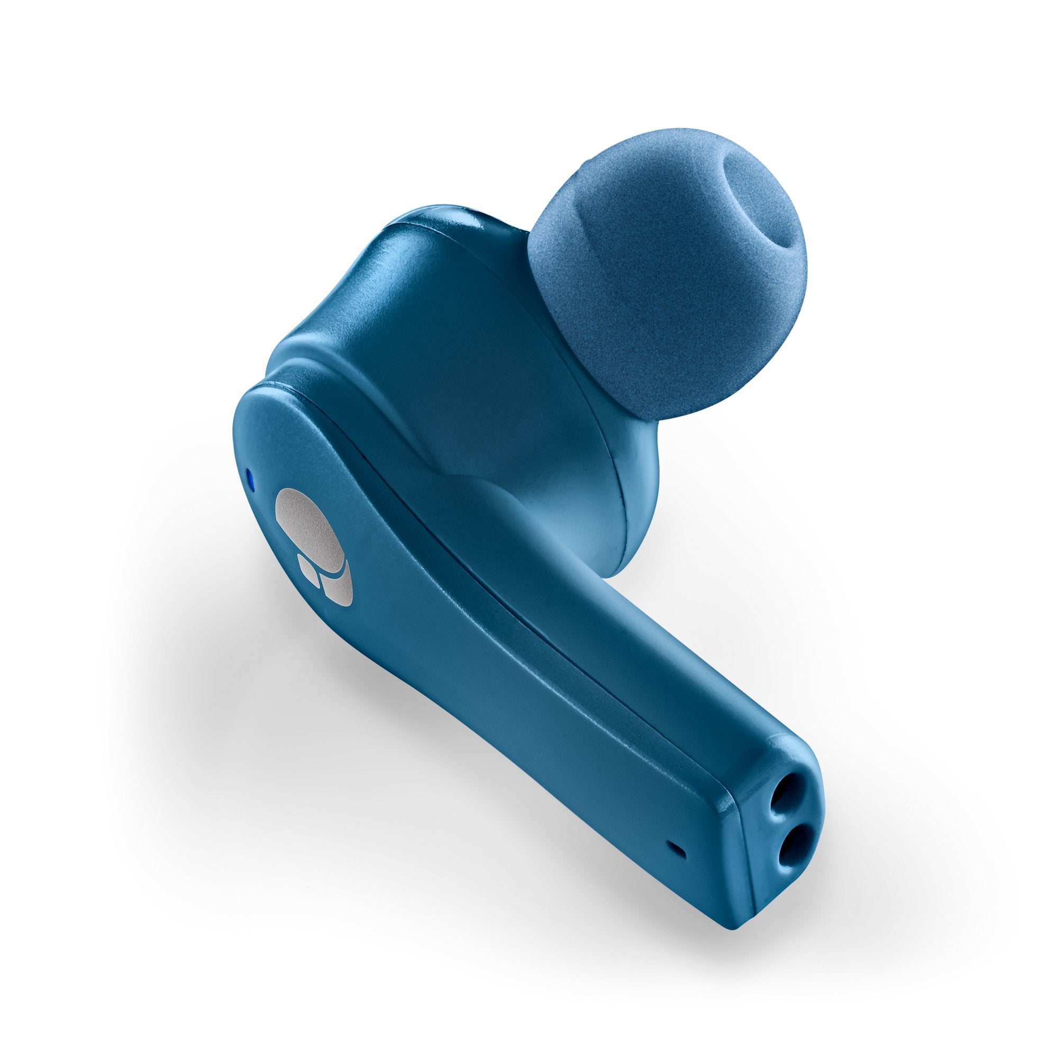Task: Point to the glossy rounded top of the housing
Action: [438, 230]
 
